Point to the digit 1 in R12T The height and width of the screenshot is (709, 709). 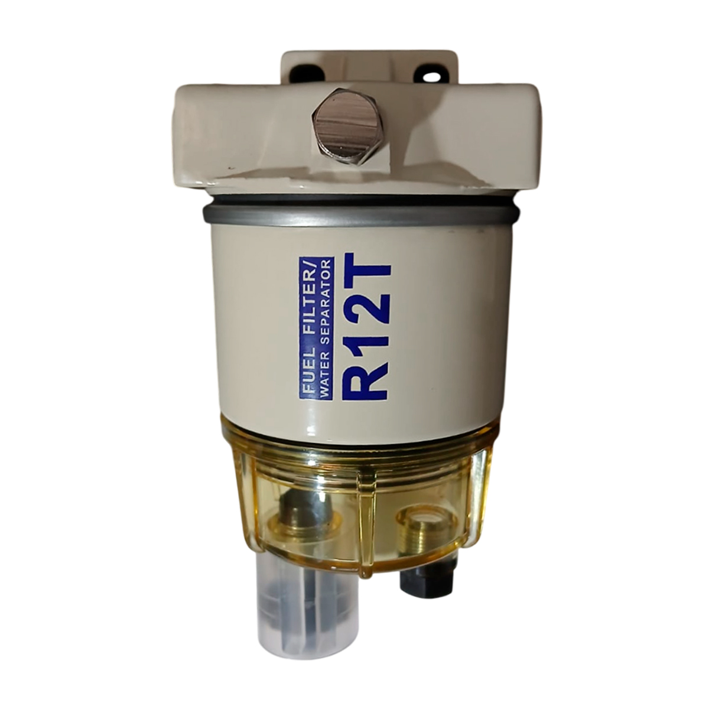tap(365, 331)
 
